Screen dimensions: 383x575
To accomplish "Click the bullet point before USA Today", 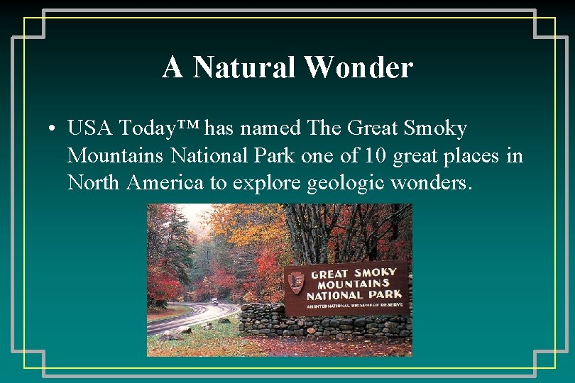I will click(53, 130).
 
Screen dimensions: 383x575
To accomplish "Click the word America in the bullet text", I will click(165, 182).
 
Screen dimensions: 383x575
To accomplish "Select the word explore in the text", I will click(265, 183).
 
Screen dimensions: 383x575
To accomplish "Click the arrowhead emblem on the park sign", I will click(296, 282).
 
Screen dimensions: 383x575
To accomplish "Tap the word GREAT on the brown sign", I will click(329, 273).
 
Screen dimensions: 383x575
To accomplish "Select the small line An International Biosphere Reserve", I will click(354, 304).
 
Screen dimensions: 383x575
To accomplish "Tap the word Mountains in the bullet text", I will click(114, 155).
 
